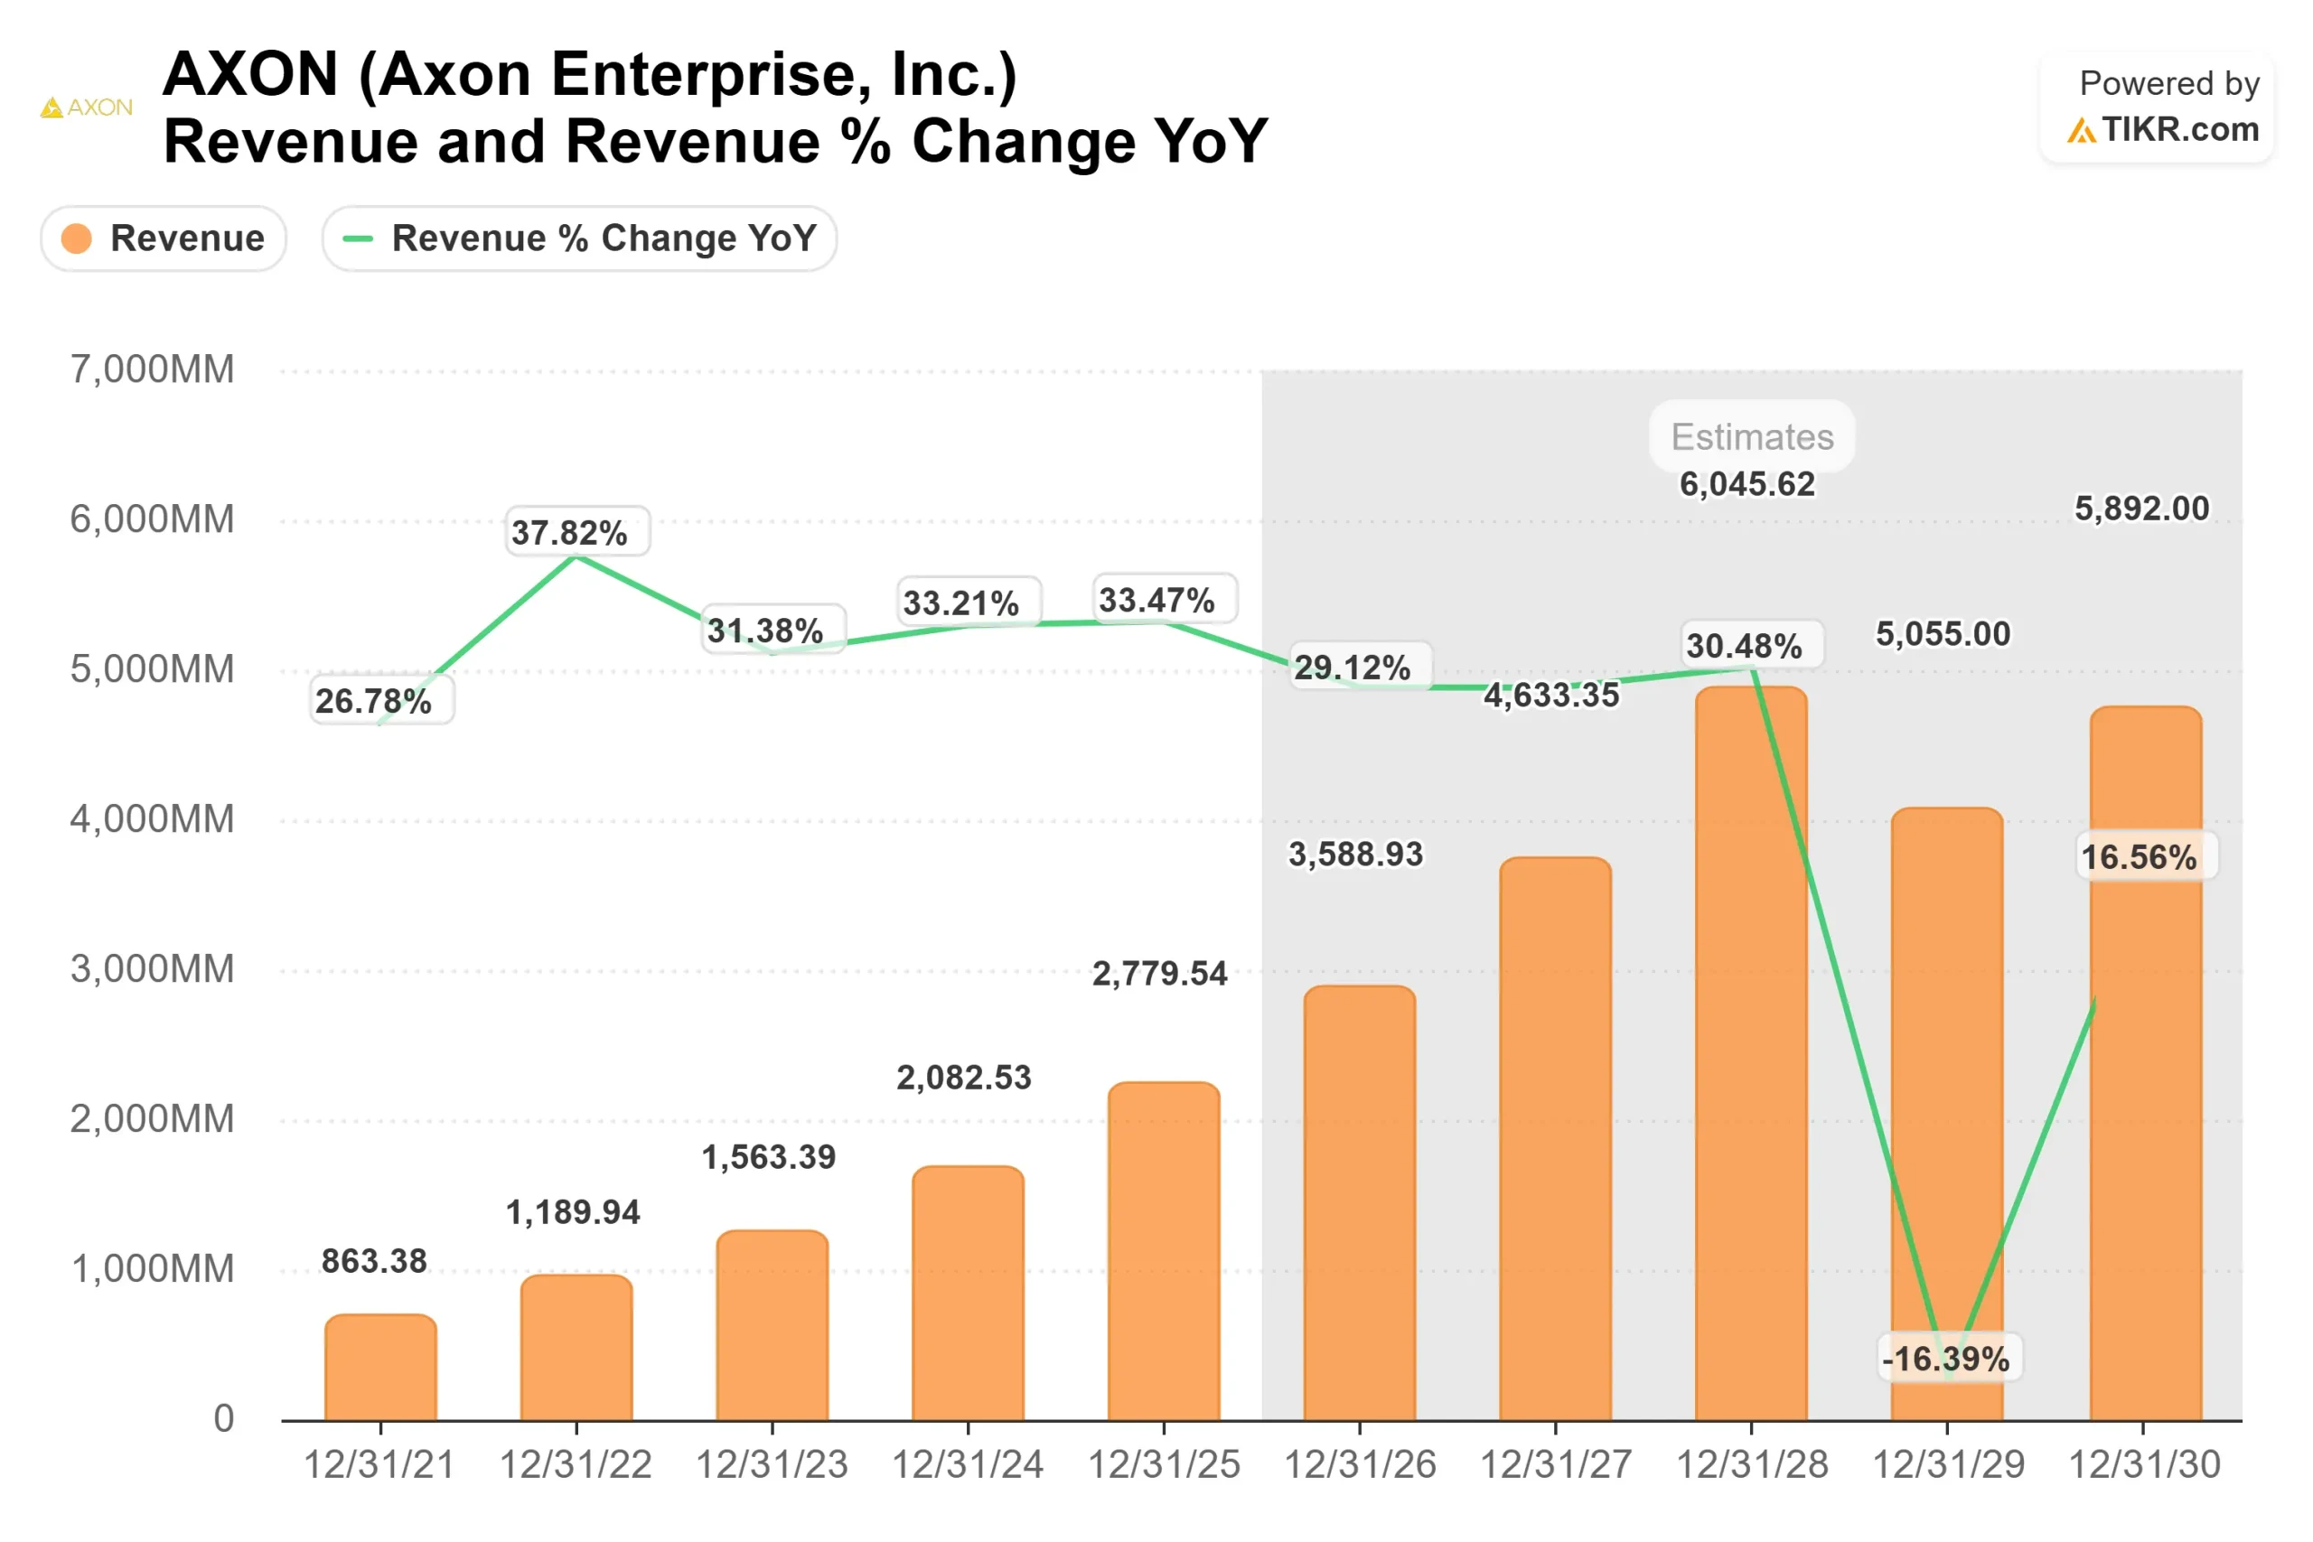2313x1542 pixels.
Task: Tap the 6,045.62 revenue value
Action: (x=1746, y=484)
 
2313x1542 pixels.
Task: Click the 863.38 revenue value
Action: (x=374, y=1261)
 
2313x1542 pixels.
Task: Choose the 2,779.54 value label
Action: (x=1159, y=974)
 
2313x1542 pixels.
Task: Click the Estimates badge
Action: (x=1752, y=436)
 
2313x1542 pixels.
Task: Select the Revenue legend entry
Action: (x=164, y=238)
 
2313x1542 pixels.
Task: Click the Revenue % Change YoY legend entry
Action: (x=579, y=238)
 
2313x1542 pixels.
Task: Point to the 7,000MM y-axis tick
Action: (x=153, y=369)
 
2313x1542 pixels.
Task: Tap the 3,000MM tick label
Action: (x=153, y=969)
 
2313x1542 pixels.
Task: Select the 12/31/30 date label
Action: (x=2144, y=1465)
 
